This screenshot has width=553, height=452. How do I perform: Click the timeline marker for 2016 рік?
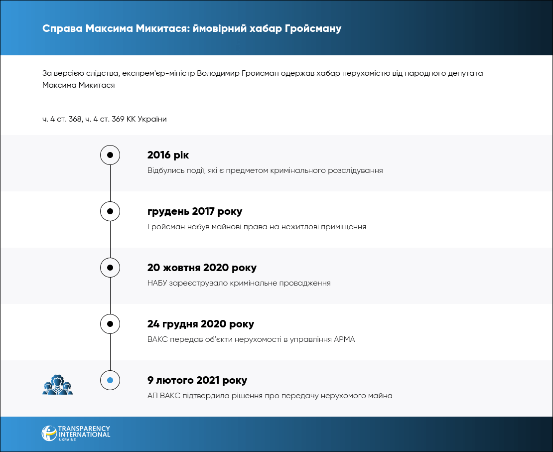(x=110, y=155)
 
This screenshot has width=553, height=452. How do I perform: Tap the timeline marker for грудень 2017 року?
(x=110, y=211)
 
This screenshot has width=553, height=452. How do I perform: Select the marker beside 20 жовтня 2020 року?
(x=110, y=268)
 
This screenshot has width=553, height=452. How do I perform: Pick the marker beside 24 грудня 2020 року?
(x=110, y=324)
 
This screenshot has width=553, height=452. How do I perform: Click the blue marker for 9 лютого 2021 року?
(x=110, y=380)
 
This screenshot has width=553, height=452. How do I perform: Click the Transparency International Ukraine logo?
(x=76, y=433)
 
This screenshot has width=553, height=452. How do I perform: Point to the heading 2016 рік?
(x=168, y=155)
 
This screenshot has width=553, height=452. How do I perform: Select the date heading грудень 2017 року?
(x=195, y=211)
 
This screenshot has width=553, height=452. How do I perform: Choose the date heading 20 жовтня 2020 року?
(x=202, y=268)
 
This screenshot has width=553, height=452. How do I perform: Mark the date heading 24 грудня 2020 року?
(x=201, y=324)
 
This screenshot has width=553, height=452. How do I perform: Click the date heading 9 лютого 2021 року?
(x=197, y=380)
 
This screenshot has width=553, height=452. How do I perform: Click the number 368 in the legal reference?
(x=75, y=119)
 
